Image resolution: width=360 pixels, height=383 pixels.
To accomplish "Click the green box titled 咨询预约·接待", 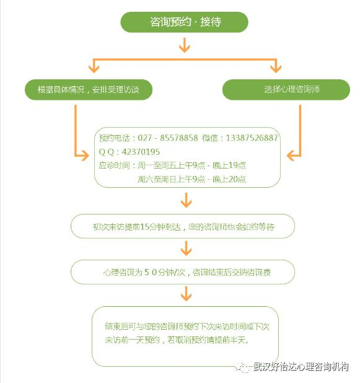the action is (185, 22).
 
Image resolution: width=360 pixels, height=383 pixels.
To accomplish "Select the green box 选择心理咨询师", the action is (286, 89).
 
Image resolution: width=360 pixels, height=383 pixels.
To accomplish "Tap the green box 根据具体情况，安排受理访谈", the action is (89, 89).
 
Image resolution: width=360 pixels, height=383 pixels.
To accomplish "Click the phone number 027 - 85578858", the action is (168, 138).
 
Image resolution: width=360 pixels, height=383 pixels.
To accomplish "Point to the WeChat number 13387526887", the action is (252, 138).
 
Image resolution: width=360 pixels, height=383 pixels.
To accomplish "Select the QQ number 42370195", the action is (141, 152).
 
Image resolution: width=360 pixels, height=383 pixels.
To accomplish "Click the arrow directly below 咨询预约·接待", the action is (185, 45).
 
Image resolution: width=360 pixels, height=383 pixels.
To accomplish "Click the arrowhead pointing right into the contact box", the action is (84, 156).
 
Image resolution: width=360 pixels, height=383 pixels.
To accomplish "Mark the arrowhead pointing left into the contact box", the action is (291, 156).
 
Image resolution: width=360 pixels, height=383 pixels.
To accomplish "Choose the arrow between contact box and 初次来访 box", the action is (186, 200).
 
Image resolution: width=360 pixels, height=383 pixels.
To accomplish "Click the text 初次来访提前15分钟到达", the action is (137, 227).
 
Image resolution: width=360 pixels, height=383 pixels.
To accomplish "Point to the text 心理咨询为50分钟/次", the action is (144, 272).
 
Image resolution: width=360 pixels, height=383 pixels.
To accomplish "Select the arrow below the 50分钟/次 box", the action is (186, 294).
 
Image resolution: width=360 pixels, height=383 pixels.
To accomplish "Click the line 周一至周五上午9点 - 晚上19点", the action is (191, 165).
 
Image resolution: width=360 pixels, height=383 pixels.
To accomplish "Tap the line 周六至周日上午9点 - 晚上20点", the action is (191, 179).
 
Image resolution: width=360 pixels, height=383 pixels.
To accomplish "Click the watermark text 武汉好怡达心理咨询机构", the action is (301, 367).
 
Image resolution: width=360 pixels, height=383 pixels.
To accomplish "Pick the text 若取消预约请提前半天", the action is (208, 340).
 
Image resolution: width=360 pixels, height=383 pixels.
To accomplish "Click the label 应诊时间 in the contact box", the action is (114, 165).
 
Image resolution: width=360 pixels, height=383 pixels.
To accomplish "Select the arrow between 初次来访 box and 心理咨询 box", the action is (186, 249).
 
